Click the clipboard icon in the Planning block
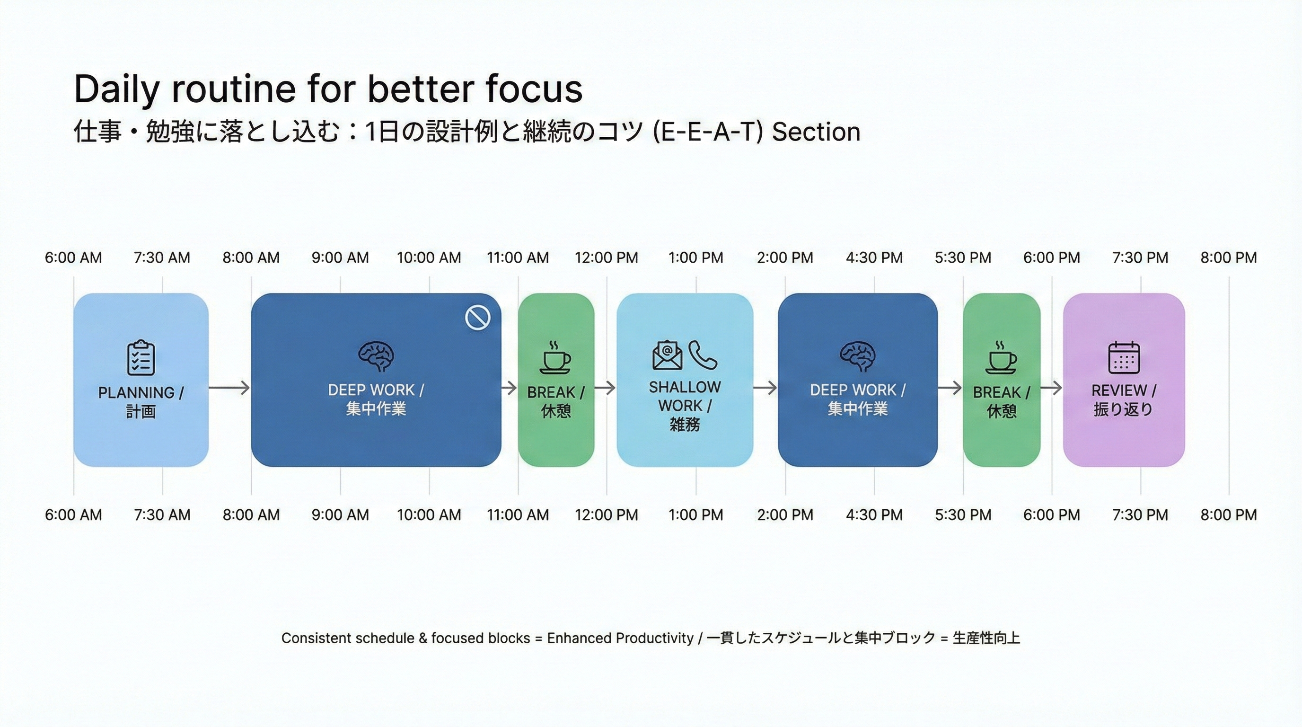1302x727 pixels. (141, 357)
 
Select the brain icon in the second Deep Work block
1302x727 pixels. (858, 357)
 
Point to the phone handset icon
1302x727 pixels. (703, 355)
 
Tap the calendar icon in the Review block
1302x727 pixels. (1124, 357)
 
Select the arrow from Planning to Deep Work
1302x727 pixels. (229, 388)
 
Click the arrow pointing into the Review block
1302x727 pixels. (1051, 388)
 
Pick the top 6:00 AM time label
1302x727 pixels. (73, 258)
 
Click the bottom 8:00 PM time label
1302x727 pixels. (1229, 514)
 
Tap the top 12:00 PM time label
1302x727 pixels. (607, 258)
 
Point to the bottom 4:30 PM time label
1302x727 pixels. (874, 514)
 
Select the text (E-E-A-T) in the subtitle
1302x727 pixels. (708, 132)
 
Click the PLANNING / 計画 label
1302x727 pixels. (141, 401)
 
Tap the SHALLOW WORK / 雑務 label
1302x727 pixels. (685, 406)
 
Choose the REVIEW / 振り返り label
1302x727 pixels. (1124, 399)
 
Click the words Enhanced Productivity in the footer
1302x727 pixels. (620, 638)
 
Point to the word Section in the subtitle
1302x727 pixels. (816, 132)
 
